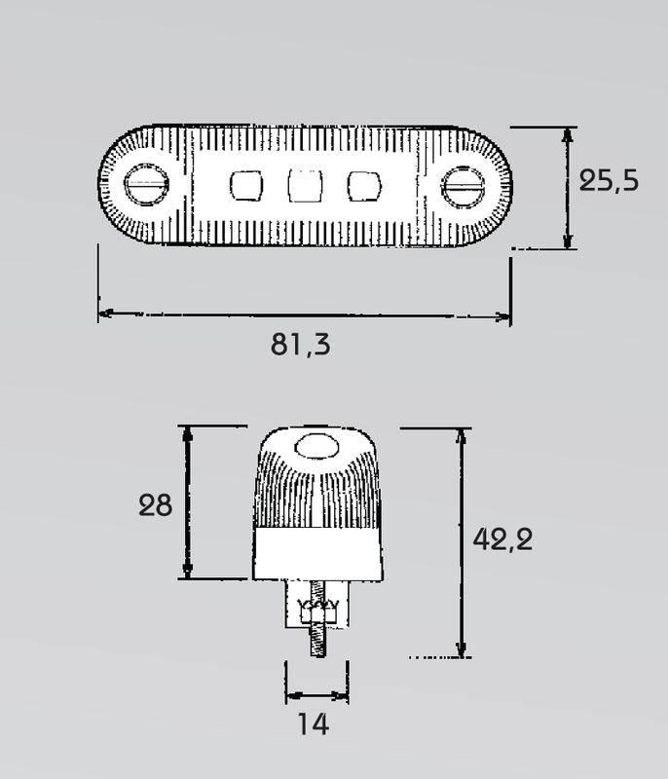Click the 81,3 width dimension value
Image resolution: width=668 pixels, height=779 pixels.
click(300, 345)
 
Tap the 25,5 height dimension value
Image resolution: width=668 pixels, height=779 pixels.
click(609, 180)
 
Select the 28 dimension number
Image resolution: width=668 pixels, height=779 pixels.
click(155, 505)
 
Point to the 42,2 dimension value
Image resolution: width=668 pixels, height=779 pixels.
click(502, 539)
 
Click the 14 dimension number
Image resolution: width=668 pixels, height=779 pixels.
click(314, 723)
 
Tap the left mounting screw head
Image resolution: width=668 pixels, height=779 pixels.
click(146, 184)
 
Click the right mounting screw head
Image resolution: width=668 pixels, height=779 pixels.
click(463, 187)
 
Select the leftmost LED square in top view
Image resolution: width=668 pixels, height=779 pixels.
click(246, 186)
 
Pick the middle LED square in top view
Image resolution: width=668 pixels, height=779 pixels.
click(305, 185)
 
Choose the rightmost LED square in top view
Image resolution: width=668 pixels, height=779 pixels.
click(364, 186)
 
